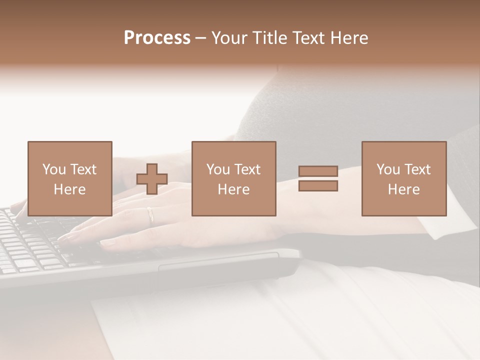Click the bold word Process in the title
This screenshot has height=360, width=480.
click(x=157, y=38)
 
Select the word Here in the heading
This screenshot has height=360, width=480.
click(x=347, y=38)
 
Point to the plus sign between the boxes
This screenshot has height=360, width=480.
click(x=152, y=179)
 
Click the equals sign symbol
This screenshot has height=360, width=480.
click(x=318, y=179)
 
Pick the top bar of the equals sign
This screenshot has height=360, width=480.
click(x=318, y=171)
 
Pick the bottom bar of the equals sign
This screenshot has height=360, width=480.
click(x=318, y=186)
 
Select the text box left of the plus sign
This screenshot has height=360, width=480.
click(x=69, y=179)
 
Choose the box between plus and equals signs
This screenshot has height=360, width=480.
click(x=233, y=179)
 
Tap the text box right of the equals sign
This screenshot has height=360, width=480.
click(x=403, y=179)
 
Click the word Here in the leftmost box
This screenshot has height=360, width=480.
click(x=69, y=189)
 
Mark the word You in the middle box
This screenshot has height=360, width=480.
click(x=218, y=169)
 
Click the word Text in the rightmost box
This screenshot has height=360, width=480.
click(x=417, y=169)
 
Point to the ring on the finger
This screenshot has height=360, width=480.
click(x=150, y=215)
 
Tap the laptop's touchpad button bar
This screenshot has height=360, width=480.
click(x=218, y=262)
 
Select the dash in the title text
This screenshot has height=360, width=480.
click(x=200, y=38)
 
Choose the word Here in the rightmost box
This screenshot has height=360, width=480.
click(x=403, y=189)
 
